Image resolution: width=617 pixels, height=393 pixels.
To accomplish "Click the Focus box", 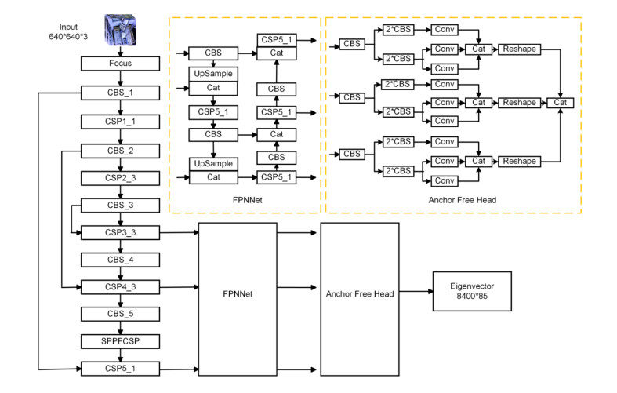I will pos(120,62).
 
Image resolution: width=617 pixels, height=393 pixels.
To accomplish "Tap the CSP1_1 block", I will pos(120,122).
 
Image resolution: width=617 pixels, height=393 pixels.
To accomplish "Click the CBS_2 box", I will pos(120,151).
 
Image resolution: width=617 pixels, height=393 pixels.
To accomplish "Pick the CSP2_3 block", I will pos(120,178).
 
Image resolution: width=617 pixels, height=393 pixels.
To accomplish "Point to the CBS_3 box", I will pos(120,206).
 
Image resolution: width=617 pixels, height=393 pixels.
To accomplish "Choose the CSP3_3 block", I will pos(120,233).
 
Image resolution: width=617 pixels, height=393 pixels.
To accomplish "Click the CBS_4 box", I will pos(120,259).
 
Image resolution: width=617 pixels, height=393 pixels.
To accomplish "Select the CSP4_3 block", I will pos(120,286).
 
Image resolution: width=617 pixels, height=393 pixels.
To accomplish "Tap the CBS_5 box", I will pos(120,314).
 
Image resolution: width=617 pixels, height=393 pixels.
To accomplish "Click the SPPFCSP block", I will pos(120,341).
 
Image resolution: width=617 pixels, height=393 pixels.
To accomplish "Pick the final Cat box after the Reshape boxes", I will pos(561,103).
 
